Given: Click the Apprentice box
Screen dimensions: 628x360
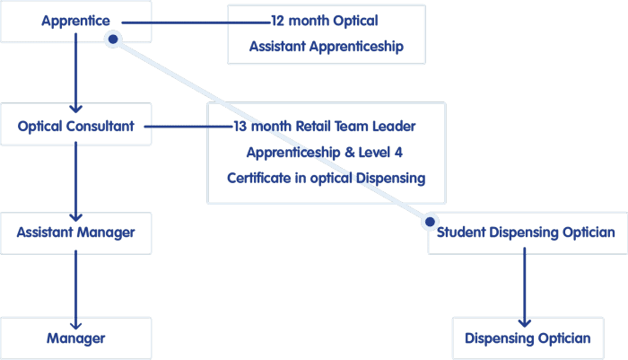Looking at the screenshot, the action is (75, 22).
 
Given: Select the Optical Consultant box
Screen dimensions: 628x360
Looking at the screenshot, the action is (75, 124).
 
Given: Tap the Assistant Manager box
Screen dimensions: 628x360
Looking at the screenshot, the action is (75, 233).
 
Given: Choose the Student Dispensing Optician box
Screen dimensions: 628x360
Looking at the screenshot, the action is (528, 233).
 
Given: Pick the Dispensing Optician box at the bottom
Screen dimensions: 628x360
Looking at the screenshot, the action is (528, 338).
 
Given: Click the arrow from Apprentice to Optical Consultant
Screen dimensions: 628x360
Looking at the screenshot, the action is (75, 73).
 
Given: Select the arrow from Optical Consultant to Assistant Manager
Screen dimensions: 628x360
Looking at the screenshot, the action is (75, 181).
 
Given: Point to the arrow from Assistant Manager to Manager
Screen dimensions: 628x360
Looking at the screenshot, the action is (75, 290).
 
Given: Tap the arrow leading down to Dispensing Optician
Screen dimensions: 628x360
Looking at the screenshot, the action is (524, 287).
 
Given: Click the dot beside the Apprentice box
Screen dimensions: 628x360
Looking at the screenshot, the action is (113, 40).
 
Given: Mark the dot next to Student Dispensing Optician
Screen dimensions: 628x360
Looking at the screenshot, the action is (430, 222).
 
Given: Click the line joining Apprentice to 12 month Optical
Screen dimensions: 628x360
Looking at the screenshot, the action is (196, 22).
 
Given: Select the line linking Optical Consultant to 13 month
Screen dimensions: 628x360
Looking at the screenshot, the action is (188, 127).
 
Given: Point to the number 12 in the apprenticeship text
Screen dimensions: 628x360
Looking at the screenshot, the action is (277, 21).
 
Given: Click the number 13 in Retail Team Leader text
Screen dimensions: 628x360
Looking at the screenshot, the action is (240, 127).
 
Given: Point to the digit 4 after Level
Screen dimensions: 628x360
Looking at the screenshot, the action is (398, 153).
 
